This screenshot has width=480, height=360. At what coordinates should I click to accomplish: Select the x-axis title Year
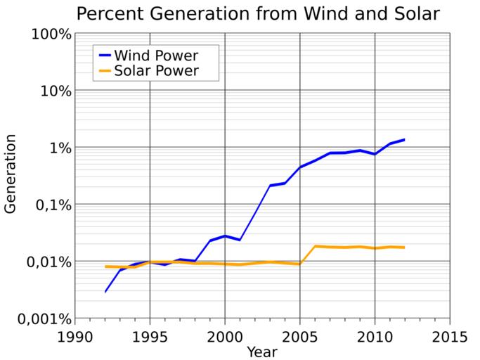coord(262,350)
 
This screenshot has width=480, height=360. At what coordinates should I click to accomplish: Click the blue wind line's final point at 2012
coord(405,139)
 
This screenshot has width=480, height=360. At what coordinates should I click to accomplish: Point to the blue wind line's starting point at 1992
coord(105,291)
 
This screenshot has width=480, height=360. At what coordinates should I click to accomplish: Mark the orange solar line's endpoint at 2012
coord(405,247)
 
